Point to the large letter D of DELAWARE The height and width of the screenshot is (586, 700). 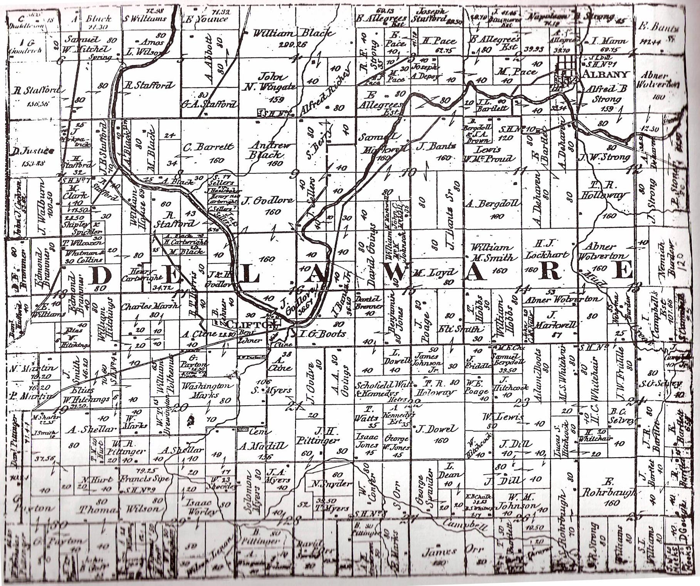[101, 275]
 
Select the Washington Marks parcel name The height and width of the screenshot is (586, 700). [207, 390]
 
